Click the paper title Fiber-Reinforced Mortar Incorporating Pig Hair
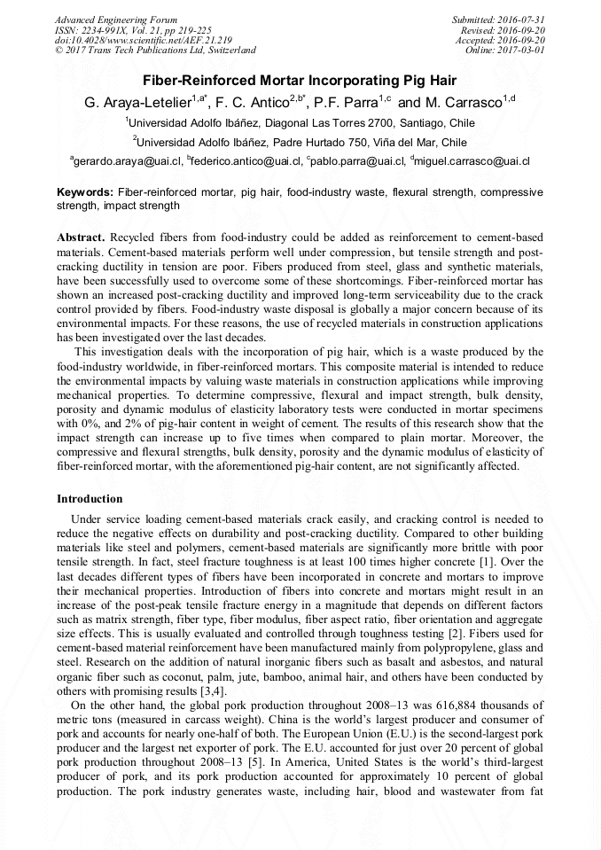(x=300, y=80)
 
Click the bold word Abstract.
(x=81, y=238)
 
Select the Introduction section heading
(x=90, y=499)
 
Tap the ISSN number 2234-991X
(x=107, y=30)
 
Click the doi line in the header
(x=143, y=40)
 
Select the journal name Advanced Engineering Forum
(x=115, y=19)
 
